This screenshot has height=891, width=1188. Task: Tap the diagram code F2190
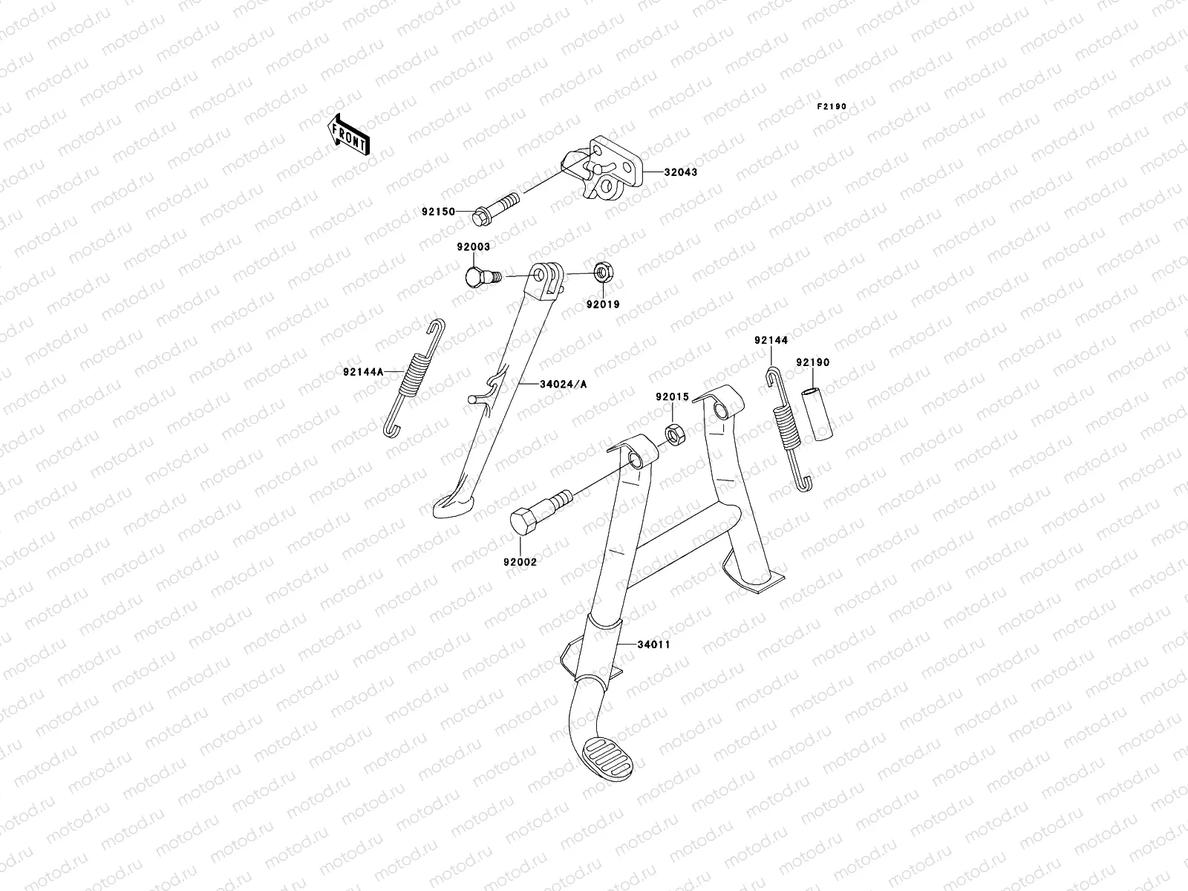point(832,107)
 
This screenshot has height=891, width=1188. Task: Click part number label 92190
point(813,363)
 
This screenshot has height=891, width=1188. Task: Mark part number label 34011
point(654,644)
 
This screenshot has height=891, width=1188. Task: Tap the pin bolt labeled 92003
point(478,278)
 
